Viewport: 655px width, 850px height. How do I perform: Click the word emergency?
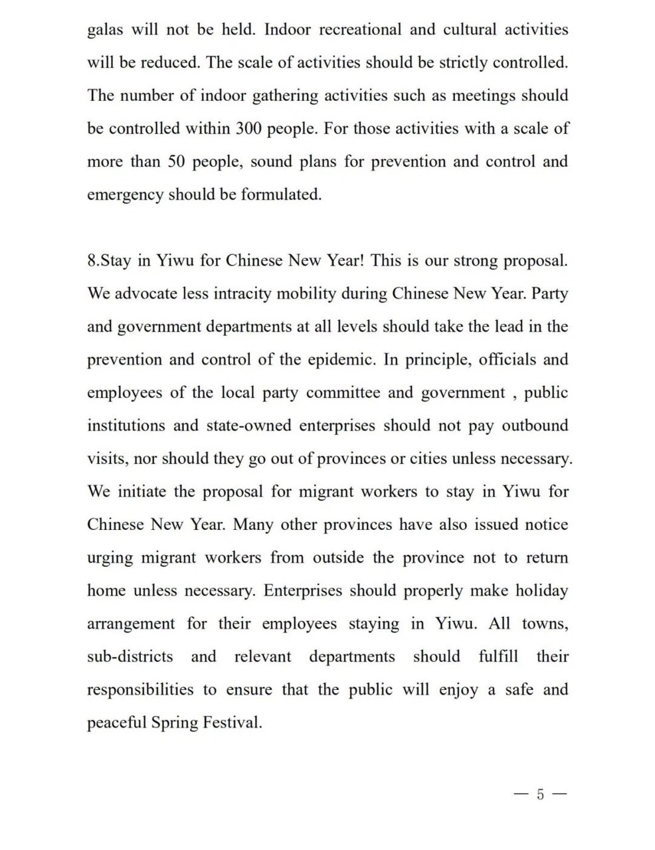pos(125,195)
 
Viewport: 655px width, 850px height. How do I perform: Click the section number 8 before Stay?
pos(92,261)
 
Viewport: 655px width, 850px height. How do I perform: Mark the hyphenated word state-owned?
pos(248,426)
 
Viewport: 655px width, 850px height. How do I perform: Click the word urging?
pos(110,558)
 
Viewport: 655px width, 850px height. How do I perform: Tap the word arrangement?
pos(131,624)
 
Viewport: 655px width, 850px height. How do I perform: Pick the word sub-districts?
pos(130,657)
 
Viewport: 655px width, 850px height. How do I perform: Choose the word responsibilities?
pos(140,690)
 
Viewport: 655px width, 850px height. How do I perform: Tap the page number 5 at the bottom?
pos(540,794)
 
